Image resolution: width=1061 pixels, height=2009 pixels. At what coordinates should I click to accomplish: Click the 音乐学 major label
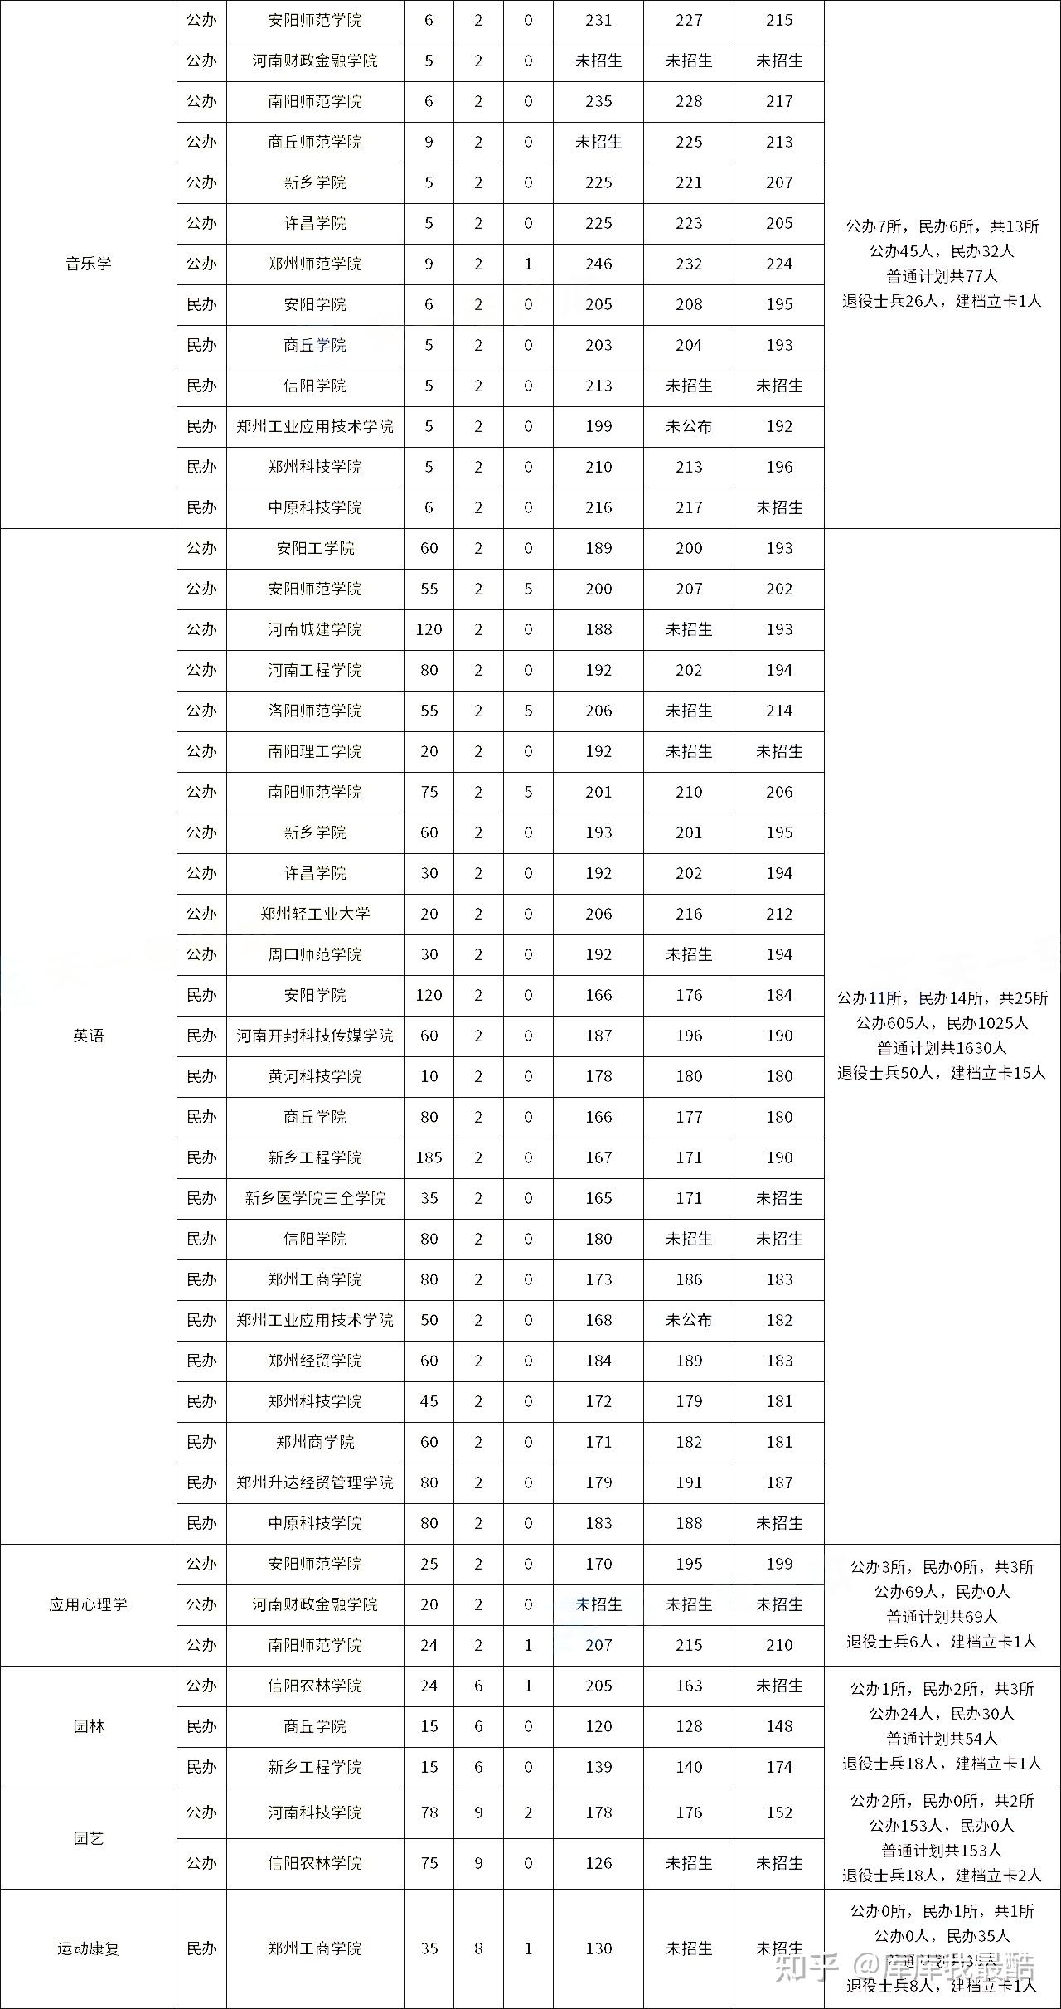(88, 264)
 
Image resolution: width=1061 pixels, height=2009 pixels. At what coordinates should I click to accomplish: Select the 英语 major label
(88, 1036)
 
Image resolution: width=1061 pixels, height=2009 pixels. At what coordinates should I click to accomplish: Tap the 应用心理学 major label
(88, 1604)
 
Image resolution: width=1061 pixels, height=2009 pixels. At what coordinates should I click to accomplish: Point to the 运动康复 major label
(88, 1948)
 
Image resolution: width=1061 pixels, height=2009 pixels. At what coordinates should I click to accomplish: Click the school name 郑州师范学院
(315, 264)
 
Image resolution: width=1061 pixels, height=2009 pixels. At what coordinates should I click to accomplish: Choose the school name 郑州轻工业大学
(315, 914)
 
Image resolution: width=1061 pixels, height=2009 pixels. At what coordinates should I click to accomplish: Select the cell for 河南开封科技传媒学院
(315, 1036)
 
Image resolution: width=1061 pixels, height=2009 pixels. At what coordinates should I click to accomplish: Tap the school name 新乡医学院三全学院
(315, 1198)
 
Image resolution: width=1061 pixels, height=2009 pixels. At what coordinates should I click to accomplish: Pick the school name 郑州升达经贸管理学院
(315, 1482)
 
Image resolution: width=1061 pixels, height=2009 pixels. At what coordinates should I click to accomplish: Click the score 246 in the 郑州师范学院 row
(598, 264)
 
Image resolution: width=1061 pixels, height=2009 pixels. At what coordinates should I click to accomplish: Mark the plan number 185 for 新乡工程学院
(429, 1157)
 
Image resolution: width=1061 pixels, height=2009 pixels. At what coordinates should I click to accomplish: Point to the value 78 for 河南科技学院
(429, 1812)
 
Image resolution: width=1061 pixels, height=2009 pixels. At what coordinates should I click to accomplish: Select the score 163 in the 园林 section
(689, 1686)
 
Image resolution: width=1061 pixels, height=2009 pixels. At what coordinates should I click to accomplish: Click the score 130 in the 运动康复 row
(598, 1948)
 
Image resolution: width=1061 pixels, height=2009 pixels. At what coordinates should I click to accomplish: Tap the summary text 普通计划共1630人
(942, 1048)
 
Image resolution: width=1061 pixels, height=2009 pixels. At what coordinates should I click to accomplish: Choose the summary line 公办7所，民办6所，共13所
(942, 226)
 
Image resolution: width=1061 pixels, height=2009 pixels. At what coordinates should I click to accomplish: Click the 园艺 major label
(88, 1838)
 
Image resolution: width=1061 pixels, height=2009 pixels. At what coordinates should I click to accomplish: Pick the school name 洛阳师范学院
(315, 711)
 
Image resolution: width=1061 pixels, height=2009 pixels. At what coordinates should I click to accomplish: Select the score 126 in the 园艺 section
(598, 1863)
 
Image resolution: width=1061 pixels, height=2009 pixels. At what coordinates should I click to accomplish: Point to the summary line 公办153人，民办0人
(942, 1826)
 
